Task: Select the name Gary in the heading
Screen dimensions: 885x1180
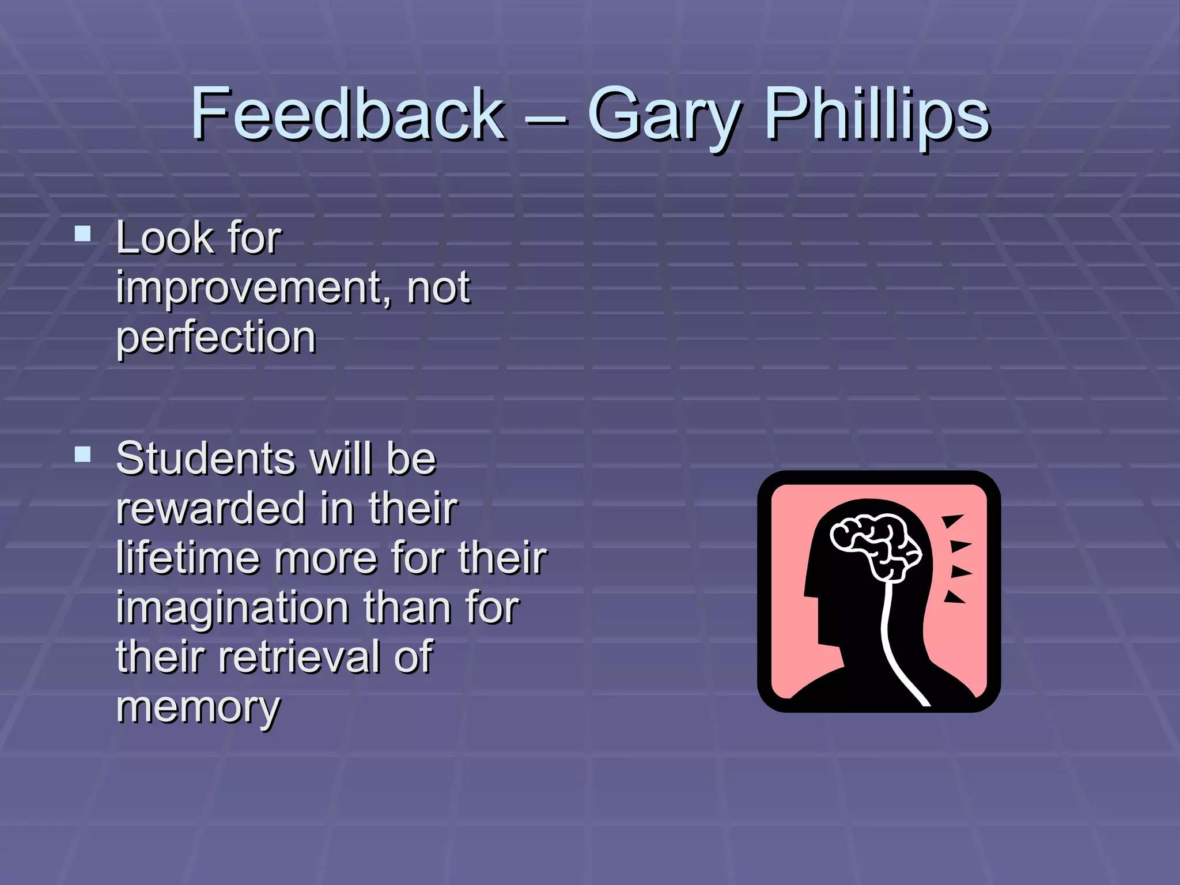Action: [x=663, y=115]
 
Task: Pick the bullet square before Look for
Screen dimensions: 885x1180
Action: [x=83, y=233]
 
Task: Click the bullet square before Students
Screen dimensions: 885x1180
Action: [x=83, y=455]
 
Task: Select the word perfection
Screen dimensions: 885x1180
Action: [x=216, y=338]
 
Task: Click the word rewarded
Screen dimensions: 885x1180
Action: [x=211, y=508]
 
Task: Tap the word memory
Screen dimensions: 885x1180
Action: [x=198, y=708]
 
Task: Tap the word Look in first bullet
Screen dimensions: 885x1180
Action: [x=165, y=238]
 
